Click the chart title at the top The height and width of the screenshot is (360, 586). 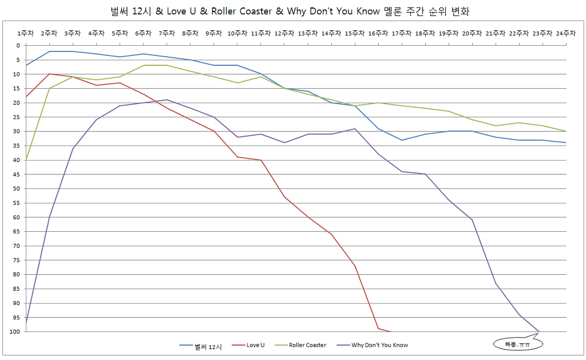(x=293, y=11)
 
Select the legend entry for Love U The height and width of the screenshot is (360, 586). (x=255, y=345)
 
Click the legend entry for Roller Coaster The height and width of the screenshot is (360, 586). (x=307, y=345)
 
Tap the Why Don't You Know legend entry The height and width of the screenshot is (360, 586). (x=379, y=345)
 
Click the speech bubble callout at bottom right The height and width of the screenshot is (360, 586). (x=517, y=344)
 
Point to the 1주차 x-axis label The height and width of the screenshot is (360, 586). (x=26, y=34)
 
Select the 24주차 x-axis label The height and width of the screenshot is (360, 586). (x=566, y=34)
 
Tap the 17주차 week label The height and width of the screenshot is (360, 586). (x=402, y=34)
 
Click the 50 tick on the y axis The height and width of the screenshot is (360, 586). (x=15, y=188)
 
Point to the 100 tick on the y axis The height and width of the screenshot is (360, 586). (x=14, y=331)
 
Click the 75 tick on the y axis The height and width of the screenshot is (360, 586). (x=15, y=260)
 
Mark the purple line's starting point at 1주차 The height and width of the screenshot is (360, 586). (x=26, y=323)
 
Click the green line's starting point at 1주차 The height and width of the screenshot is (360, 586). (x=26, y=160)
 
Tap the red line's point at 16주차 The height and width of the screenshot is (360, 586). (x=378, y=329)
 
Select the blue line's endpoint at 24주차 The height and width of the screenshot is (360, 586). (x=566, y=143)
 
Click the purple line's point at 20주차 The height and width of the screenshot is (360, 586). (x=472, y=220)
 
